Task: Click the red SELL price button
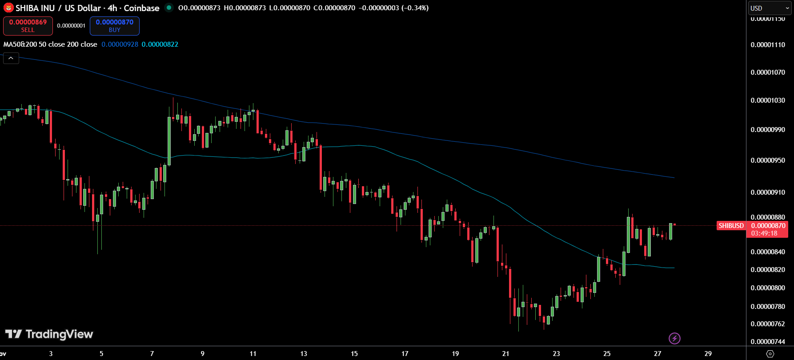click(x=28, y=26)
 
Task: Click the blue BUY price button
click(x=115, y=26)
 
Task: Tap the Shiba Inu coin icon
click(x=8, y=8)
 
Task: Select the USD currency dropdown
click(x=769, y=8)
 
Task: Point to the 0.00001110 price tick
click(x=768, y=45)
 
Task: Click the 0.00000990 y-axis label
click(x=768, y=130)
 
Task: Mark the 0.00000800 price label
click(x=768, y=288)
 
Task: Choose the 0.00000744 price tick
click(x=768, y=342)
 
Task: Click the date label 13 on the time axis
click(x=304, y=354)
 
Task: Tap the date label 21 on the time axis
click(x=505, y=354)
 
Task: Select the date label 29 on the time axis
click(x=708, y=354)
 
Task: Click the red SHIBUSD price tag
click(x=731, y=226)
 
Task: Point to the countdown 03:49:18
click(x=764, y=233)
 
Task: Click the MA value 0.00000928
click(x=120, y=44)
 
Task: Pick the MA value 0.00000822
click(x=160, y=44)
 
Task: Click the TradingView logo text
click(x=49, y=334)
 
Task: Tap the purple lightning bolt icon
click(x=674, y=339)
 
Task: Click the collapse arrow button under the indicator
click(x=11, y=58)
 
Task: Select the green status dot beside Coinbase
click(x=169, y=8)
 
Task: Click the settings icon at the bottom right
click(x=770, y=354)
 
